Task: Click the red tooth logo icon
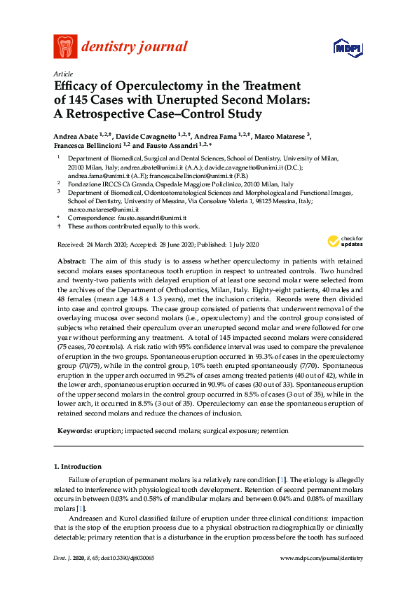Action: pos(65,47)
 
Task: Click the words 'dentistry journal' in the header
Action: pos(135,48)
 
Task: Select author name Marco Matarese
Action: pos(280,135)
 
